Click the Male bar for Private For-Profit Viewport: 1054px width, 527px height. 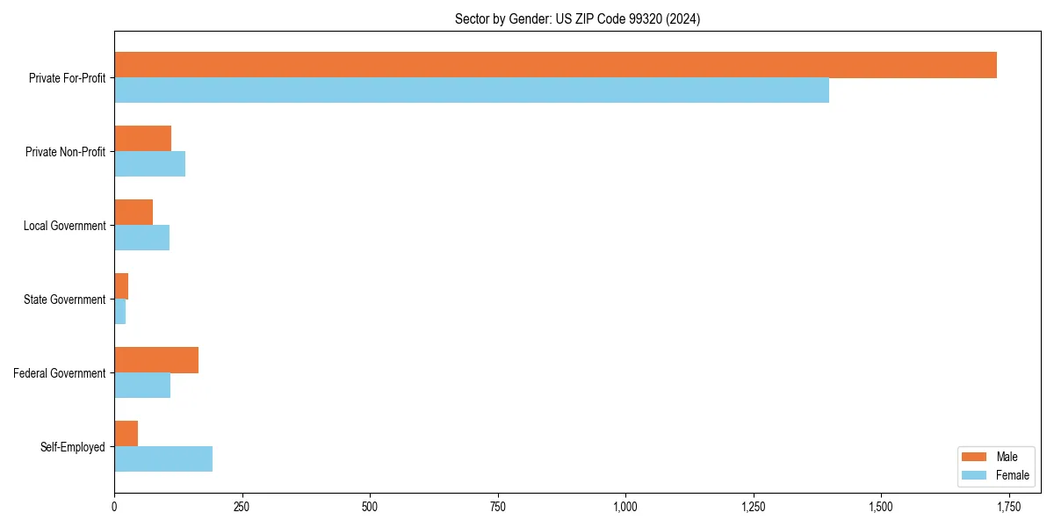[x=555, y=65]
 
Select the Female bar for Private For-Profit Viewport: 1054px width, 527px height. [x=472, y=90]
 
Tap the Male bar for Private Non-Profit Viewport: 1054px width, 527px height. [x=142, y=139]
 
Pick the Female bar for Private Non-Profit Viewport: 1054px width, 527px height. [x=149, y=164]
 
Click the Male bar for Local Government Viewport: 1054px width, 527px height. [x=134, y=213]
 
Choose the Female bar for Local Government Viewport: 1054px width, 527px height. [x=141, y=238]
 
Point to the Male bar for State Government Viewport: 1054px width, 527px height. [x=121, y=286]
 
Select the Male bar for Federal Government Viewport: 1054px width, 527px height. [x=156, y=360]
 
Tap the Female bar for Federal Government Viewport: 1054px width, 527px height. [x=142, y=386]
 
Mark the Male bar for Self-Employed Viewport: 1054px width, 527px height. [x=126, y=434]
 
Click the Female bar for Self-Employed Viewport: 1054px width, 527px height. [x=163, y=459]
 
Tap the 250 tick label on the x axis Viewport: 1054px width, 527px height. [x=242, y=507]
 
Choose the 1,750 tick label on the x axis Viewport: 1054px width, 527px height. [x=1008, y=507]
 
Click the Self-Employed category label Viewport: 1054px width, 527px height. [x=73, y=447]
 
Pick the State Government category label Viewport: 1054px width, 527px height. [x=65, y=300]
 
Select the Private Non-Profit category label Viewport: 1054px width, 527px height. [x=65, y=152]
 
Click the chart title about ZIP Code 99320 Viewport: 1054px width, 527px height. [x=577, y=18]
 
